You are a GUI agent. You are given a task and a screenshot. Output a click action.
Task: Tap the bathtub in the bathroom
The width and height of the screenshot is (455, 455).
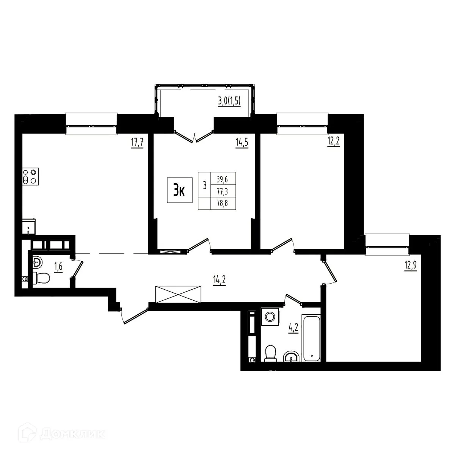click(311, 337)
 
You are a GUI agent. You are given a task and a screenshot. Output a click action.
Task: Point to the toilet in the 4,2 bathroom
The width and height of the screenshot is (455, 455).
click(270, 353)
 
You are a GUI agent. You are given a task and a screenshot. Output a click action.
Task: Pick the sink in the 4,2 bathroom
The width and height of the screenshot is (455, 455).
click(291, 357)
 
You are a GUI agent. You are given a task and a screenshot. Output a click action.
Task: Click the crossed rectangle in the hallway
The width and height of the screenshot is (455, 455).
click(177, 294)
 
